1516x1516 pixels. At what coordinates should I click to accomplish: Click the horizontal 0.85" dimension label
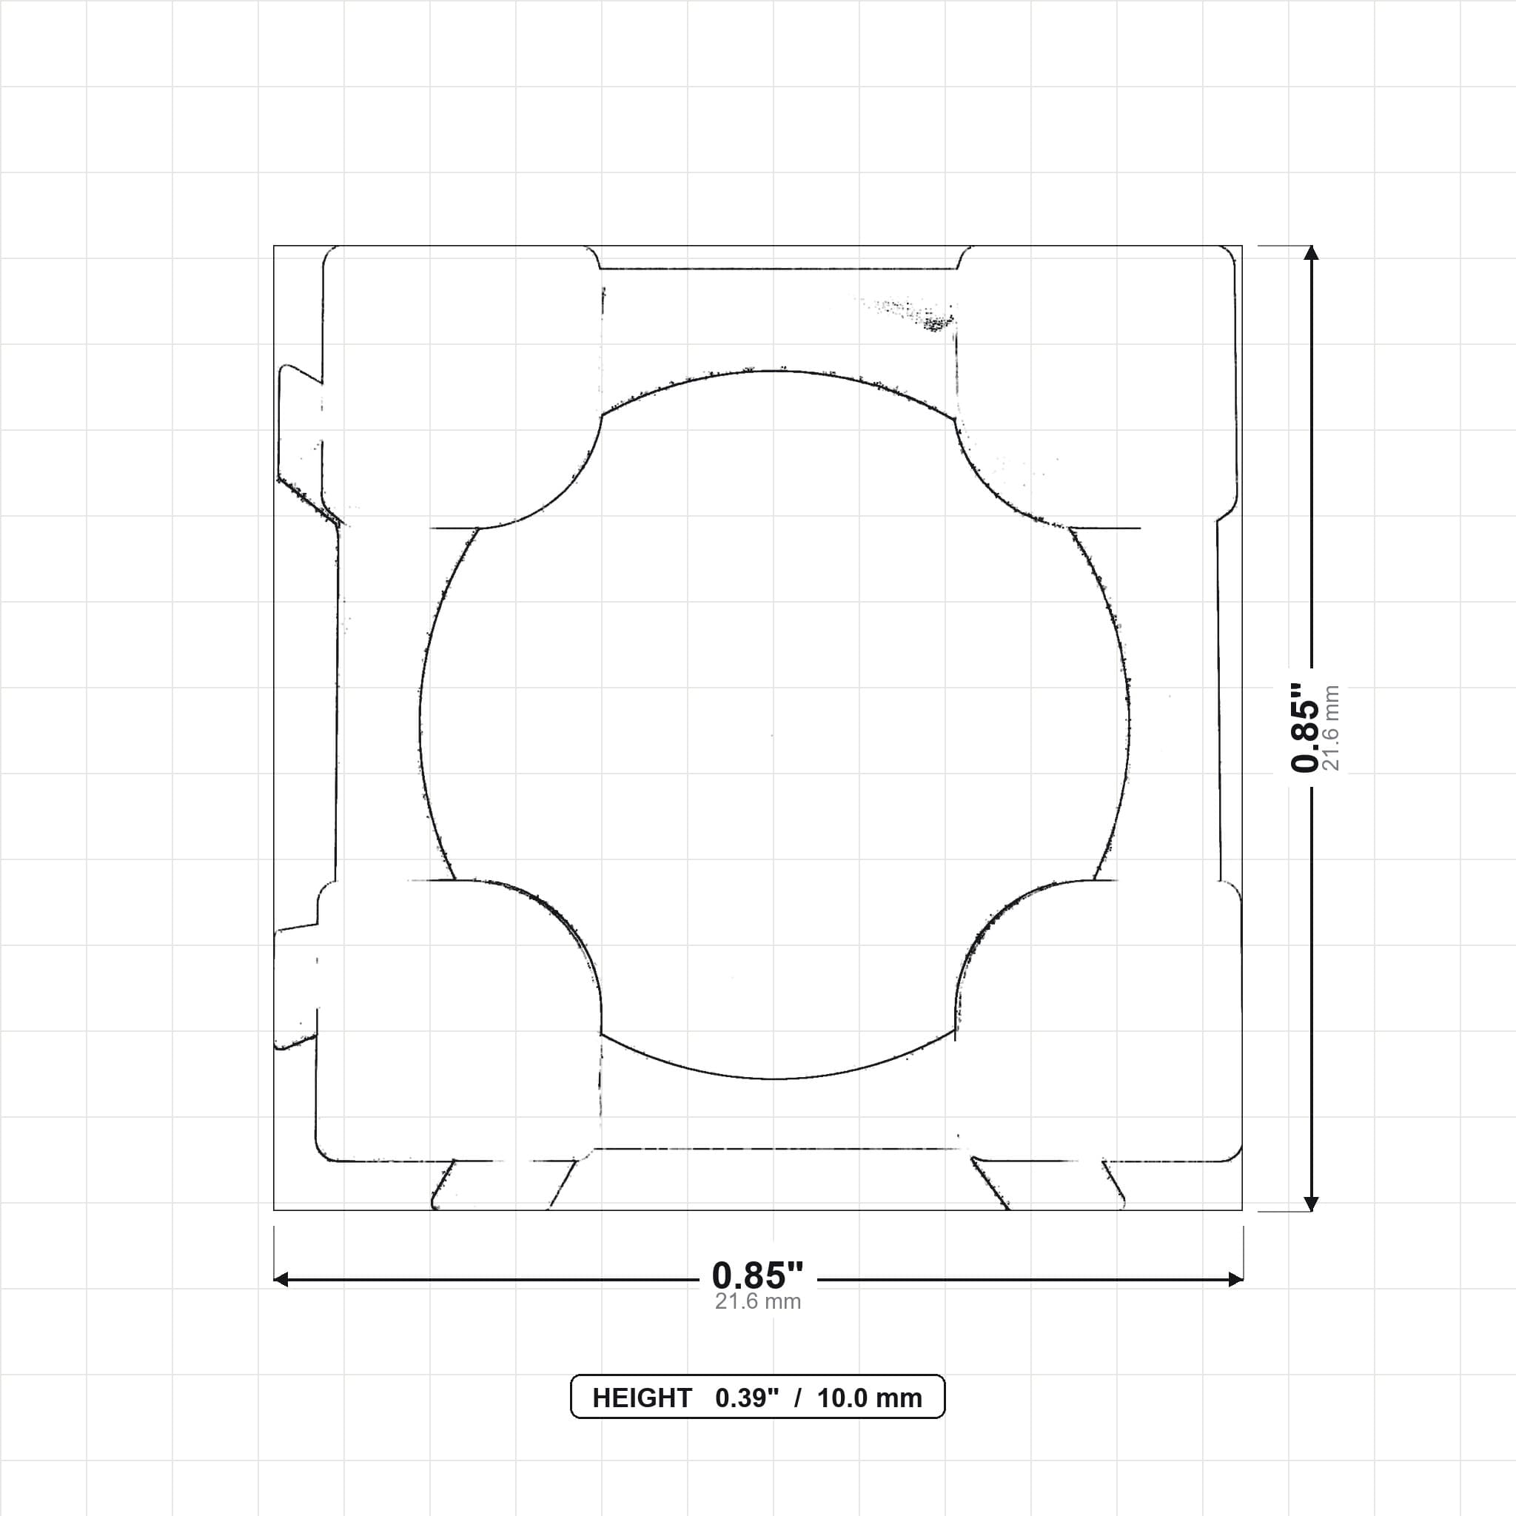pyautogui.click(x=757, y=1276)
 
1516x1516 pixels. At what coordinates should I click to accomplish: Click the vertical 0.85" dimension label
pyautogui.click(x=1306, y=728)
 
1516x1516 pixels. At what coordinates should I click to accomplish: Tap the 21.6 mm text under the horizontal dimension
pyautogui.click(x=757, y=1302)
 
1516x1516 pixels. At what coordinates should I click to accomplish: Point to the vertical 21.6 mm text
pyautogui.click(x=1331, y=728)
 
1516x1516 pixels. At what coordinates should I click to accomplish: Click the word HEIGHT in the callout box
pyautogui.click(x=642, y=1398)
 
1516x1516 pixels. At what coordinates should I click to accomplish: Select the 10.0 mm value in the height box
pyautogui.click(x=870, y=1398)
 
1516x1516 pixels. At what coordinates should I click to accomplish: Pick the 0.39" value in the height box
pyautogui.click(x=747, y=1398)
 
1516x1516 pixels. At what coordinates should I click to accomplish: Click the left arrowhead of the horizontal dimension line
pyautogui.click(x=281, y=1280)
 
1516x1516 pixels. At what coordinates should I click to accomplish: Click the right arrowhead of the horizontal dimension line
pyautogui.click(x=1235, y=1280)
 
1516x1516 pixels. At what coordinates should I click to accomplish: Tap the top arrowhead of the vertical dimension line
pyautogui.click(x=1310, y=252)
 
